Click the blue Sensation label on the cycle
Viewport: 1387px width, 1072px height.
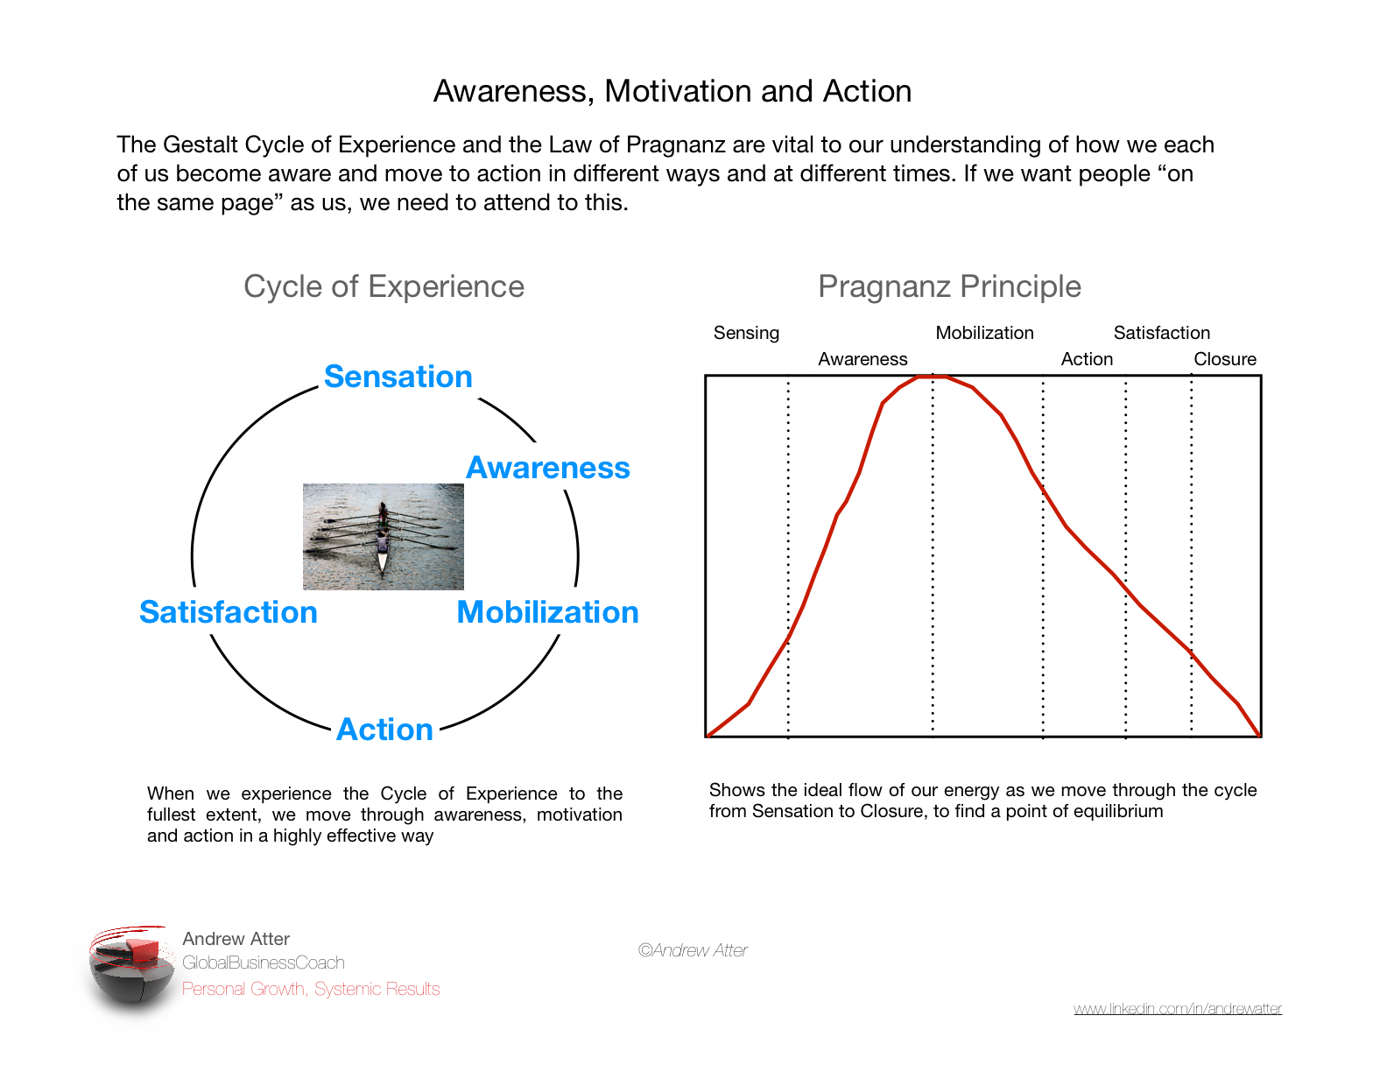pyautogui.click(x=398, y=377)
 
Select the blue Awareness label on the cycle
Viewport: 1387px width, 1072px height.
pyautogui.click(x=547, y=468)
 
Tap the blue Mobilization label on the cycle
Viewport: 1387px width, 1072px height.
pyautogui.click(x=547, y=612)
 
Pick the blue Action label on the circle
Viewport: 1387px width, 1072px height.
pyautogui.click(x=384, y=730)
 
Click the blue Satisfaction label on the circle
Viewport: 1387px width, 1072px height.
pyautogui.click(x=228, y=612)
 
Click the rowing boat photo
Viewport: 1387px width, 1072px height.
pyautogui.click(x=383, y=536)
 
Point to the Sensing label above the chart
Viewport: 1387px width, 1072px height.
pyautogui.click(x=746, y=333)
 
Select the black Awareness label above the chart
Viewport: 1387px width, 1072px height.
pyautogui.click(x=862, y=359)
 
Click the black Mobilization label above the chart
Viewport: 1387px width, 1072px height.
pyautogui.click(x=984, y=333)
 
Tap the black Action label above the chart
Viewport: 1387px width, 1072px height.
pyautogui.click(x=1087, y=359)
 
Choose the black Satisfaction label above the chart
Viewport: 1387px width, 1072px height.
pyautogui.click(x=1161, y=333)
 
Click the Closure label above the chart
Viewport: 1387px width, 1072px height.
pyautogui.click(x=1225, y=359)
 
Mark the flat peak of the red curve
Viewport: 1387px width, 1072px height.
pyautogui.click(x=925, y=377)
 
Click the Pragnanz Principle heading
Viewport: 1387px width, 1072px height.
pyautogui.click(x=949, y=286)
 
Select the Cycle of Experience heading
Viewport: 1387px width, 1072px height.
pyautogui.click(x=384, y=286)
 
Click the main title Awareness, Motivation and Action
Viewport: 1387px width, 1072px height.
pyautogui.click(x=672, y=91)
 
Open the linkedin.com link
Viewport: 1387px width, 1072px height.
pyautogui.click(x=1177, y=1009)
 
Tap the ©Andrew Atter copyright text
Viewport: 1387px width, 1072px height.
pyautogui.click(x=693, y=950)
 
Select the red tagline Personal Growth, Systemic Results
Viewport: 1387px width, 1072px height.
pyautogui.click(x=311, y=989)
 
